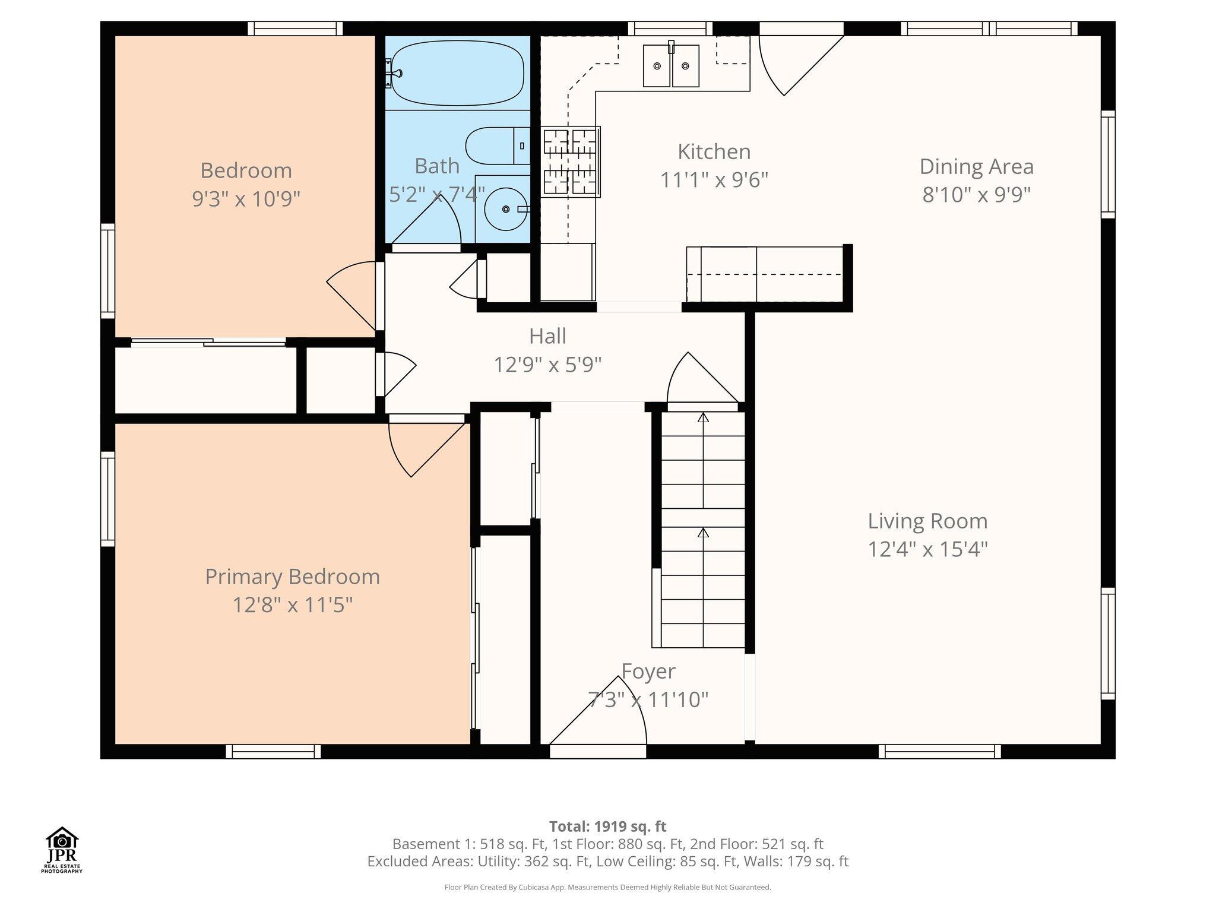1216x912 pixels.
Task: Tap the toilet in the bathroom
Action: (498, 146)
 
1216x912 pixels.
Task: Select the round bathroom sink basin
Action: (505, 209)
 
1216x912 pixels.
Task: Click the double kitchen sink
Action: (672, 65)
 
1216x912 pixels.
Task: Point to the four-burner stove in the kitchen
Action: (570, 161)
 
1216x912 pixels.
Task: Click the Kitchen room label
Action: (714, 151)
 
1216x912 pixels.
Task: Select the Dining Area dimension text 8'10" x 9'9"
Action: (976, 194)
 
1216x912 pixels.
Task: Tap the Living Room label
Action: (927, 521)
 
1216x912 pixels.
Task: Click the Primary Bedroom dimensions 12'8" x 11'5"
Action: (292, 605)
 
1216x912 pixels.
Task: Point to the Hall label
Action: (547, 336)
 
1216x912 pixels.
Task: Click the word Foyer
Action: (648, 672)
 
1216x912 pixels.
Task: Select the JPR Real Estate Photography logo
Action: (62, 850)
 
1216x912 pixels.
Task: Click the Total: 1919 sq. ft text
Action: (608, 826)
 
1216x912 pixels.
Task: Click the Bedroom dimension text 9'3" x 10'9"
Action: (246, 198)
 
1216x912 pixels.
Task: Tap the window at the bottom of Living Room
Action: (940, 751)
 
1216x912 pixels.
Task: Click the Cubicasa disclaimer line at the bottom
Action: (608, 888)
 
